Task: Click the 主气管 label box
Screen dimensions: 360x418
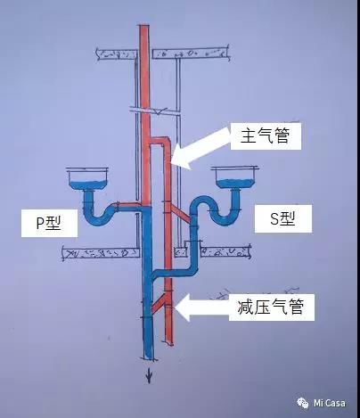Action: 266,136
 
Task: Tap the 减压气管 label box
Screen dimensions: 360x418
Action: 272,307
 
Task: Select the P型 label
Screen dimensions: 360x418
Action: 49,223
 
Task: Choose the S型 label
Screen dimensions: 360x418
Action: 283,218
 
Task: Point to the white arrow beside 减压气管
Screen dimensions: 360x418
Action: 202,307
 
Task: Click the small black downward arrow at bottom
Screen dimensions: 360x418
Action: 149,377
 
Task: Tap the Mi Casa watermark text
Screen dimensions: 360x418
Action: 330,403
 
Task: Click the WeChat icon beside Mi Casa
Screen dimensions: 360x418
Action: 303,403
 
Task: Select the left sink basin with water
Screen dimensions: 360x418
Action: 88,179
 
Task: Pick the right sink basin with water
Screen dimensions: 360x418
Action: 234,177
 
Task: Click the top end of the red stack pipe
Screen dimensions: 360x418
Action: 143,26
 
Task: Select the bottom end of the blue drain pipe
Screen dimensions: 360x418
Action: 148,358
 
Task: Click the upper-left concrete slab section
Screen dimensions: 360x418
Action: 117,54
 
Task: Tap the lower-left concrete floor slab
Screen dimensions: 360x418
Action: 101,253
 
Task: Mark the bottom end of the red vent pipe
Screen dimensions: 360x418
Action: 169,343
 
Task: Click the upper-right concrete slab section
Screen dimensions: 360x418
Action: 191,53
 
